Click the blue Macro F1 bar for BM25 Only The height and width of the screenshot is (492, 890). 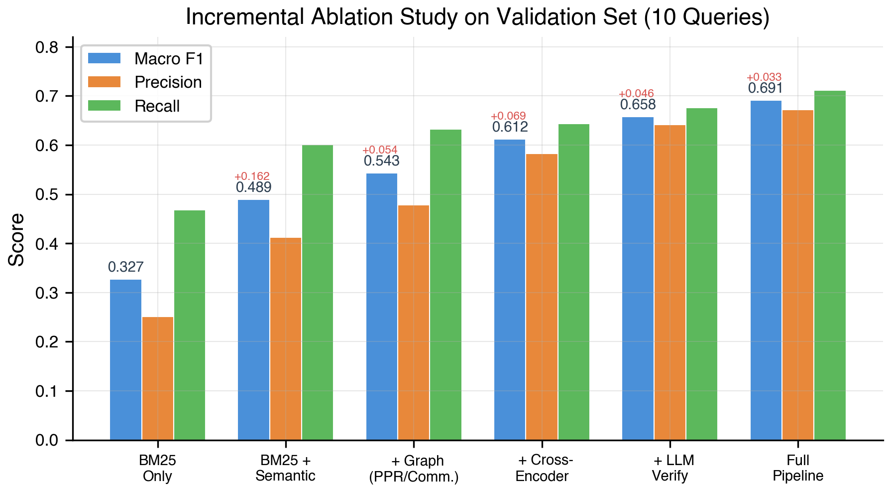pyautogui.click(x=125, y=359)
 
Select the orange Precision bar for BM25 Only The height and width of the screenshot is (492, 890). pyautogui.click(x=158, y=378)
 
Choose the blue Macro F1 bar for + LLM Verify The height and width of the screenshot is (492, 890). pyautogui.click(x=638, y=279)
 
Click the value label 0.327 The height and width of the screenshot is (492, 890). pyautogui.click(x=125, y=267)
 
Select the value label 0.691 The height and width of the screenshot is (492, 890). pyautogui.click(x=766, y=88)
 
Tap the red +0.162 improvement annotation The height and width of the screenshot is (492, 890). pyautogui.click(x=252, y=176)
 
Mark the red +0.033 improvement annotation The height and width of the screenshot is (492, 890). pyautogui.click(x=764, y=77)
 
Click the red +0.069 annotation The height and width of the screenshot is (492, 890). pyautogui.click(x=508, y=117)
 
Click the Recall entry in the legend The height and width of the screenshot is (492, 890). pyautogui.click(x=157, y=106)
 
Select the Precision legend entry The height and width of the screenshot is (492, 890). pyautogui.click(x=168, y=82)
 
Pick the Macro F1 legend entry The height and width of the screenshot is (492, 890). pyautogui.click(x=169, y=59)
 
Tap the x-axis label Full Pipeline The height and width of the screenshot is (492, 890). pyautogui.click(x=798, y=468)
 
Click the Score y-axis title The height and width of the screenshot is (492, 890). pyautogui.click(x=16, y=239)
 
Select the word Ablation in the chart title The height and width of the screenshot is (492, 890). pyautogui.click(x=347, y=17)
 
